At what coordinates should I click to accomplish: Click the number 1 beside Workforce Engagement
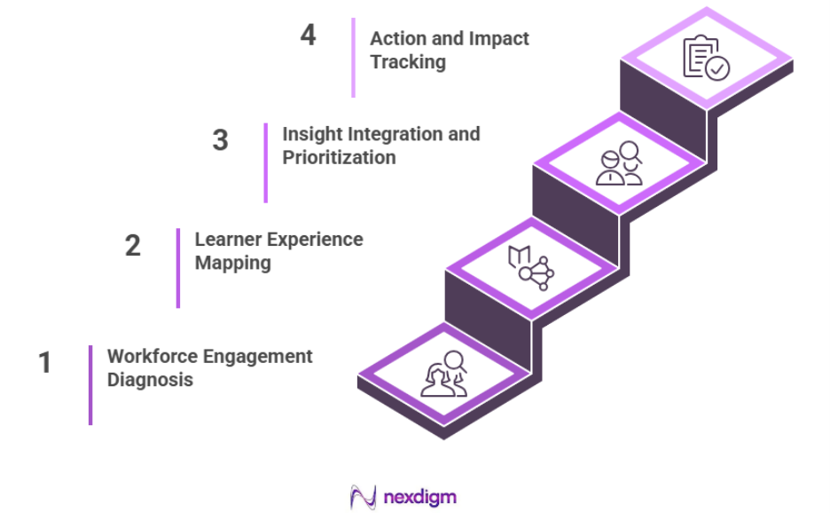44,363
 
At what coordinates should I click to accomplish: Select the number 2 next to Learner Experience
132,245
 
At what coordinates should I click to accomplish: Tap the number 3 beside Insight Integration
220,140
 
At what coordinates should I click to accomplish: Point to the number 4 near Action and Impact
308,36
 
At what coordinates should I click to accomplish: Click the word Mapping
232,263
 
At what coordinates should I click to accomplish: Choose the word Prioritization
339,157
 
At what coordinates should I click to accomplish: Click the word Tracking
408,61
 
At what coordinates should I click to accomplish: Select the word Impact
500,38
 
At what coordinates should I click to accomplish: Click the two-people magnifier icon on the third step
619,164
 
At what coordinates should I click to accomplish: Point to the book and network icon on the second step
530,269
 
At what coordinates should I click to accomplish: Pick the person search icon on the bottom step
443,375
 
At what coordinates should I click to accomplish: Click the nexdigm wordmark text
419,496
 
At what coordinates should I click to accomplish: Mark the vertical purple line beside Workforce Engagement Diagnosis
90,384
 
